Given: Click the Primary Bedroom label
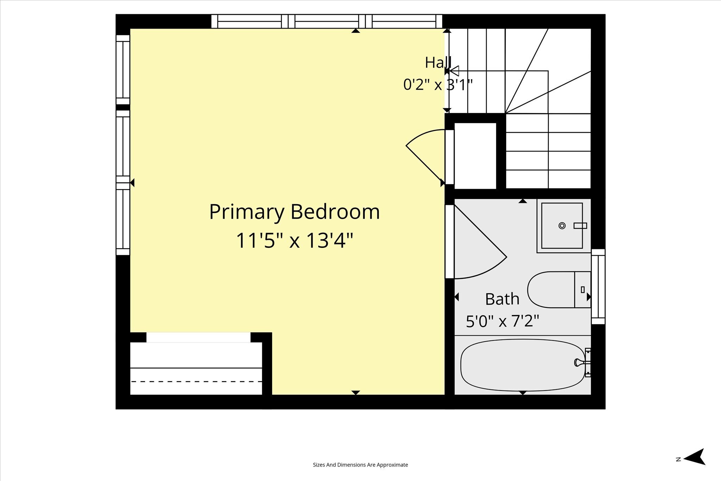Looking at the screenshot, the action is pos(294,212).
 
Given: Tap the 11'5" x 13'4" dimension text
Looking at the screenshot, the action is pos(294,241).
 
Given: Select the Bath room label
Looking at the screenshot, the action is pos(502,299).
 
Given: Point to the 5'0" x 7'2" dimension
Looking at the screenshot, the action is pos(502,321).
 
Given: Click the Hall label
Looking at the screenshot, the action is pos(438,63).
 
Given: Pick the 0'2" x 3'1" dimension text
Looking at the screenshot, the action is pos(438,85).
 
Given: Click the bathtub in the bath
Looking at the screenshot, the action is pos(522,365).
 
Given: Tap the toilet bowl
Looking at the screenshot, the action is pos(551,289).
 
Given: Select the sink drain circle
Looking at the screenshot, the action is pos(562,226).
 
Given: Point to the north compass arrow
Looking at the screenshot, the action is pos(694,457).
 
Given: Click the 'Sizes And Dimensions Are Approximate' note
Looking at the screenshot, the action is pos(360,465).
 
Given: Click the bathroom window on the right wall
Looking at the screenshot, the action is pos(598,287).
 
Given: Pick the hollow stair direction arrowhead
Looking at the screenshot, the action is pos(454,71).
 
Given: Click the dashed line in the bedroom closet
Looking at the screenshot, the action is pos(196,381).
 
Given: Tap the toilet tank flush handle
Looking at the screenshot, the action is pos(583,289).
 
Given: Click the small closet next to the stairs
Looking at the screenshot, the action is pos(475,156).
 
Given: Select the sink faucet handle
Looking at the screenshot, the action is pos(580,226).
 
